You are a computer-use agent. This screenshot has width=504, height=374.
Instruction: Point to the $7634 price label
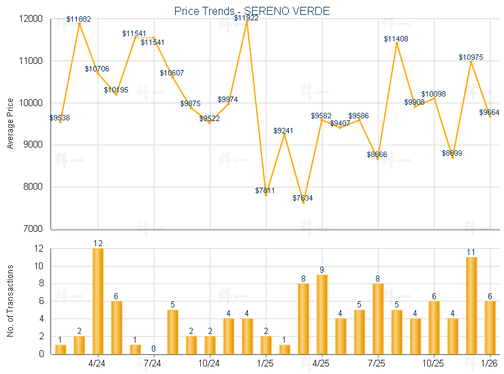click(303, 198)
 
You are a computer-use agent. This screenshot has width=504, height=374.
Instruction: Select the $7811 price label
click(265, 190)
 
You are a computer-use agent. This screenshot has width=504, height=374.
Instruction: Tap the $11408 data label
click(396, 39)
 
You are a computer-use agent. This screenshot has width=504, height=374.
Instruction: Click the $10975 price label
click(471, 57)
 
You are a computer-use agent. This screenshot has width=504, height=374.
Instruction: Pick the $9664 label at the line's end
click(490, 112)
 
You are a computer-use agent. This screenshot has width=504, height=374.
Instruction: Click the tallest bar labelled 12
click(98, 301)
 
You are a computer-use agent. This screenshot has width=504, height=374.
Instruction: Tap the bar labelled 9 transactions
click(321, 313)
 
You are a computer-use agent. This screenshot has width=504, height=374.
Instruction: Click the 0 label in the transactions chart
click(154, 349)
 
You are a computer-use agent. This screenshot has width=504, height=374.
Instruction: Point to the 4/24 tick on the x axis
click(97, 364)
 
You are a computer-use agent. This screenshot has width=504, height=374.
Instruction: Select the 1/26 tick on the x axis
click(489, 364)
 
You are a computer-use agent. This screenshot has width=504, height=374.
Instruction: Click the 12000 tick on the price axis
click(30, 18)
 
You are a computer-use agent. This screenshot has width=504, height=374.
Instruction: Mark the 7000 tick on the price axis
click(32, 229)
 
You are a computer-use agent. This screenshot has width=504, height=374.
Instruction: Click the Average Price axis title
click(10, 124)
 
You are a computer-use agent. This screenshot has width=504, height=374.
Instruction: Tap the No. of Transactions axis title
click(10, 301)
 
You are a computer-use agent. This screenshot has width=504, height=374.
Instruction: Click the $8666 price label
click(377, 154)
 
